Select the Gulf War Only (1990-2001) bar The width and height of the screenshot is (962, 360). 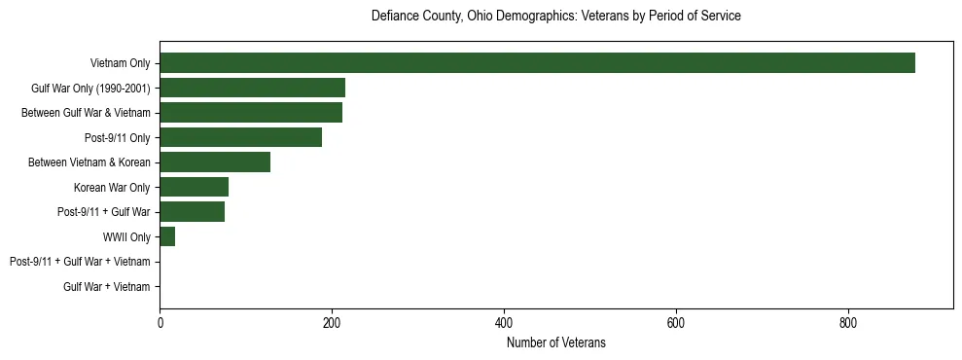pyautogui.click(x=252, y=88)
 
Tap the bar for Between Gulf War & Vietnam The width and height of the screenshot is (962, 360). pyautogui.click(x=251, y=113)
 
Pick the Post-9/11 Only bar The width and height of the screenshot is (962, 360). pyautogui.click(x=240, y=137)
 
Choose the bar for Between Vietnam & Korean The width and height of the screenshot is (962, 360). pyautogui.click(x=215, y=162)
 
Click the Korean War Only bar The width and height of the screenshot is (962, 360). pyautogui.click(x=194, y=187)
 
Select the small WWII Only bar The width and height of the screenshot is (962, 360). pyautogui.click(x=167, y=236)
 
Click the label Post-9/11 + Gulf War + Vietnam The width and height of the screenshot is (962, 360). pyautogui.click(x=80, y=262)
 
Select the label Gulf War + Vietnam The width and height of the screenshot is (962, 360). pyautogui.click(x=107, y=287)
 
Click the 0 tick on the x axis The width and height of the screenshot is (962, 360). pyautogui.click(x=160, y=323)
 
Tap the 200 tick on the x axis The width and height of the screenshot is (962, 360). pyautogui.click(x=332, y=323)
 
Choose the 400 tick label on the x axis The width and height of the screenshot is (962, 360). pyautogui.click(x=504, y=323)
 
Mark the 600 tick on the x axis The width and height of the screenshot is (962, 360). pyautogui.click(x=676, y=323)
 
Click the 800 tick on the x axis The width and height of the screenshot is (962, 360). pyautogui.click(x=847, y=323)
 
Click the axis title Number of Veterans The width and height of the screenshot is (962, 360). pyautogui.click(x=555, y=342)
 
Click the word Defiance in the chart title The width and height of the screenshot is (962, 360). pyautogui.click(x=394, y=17)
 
